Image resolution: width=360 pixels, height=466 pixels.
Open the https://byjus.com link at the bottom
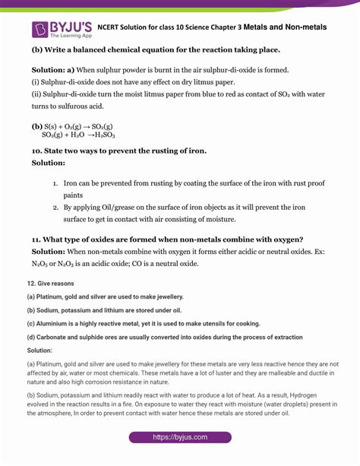pyautogui.click(x=179, y=437)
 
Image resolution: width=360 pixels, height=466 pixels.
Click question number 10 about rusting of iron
pyautogui.click(x=36, y=151)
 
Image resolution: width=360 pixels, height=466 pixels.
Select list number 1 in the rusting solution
pyautogui.click(x=55, y=183)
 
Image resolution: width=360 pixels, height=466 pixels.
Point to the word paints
pyautogui.click(x=74, y=195)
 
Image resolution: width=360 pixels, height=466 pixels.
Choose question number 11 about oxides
pyautogui.click(x=36, y=239)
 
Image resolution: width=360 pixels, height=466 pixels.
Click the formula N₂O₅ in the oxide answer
pyautogui.click(x=39, y=264)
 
